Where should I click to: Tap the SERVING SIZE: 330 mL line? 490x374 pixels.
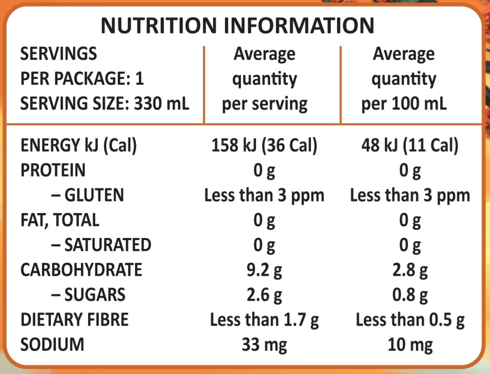click(x=105, y=104)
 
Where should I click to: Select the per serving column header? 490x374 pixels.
click(x=264, y=79)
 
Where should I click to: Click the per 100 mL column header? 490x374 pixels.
click(x=404, y=79)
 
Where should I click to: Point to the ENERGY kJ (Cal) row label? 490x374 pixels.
click(x=78, y=146)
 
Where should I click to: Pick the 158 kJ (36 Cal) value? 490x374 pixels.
click(x=264, y=146)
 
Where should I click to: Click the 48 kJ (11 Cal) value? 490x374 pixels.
click(x=409, y=146)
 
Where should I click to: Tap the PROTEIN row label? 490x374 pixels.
click(x=53, y=171)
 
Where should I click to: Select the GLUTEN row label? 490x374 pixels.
click(x=90, y=195)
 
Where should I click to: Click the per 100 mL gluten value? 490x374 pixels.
click(x=410, y=195)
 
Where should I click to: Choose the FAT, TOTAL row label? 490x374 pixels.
click(x=60, y=220)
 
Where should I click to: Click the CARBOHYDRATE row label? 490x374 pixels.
click(x=81, y=270)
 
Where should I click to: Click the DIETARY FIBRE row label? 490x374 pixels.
click(x=74, y=319)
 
